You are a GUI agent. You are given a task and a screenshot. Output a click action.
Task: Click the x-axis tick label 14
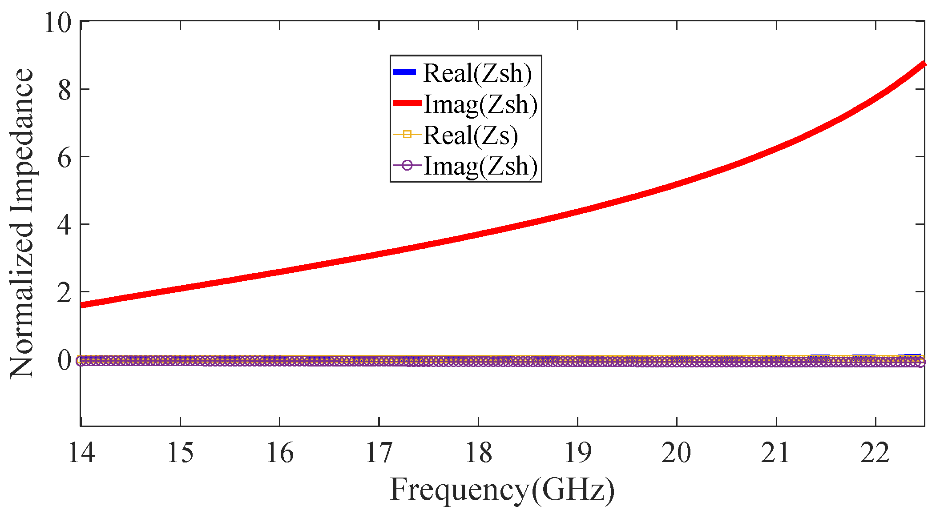tap(81, 453)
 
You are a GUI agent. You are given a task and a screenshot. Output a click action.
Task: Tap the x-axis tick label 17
tap(379, 453)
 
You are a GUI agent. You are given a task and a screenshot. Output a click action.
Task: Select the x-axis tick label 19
tap(577, 453)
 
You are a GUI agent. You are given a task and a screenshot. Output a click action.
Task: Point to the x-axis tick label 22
tap(875, 453)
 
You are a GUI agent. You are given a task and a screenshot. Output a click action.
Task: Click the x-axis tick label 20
tap(676, 453)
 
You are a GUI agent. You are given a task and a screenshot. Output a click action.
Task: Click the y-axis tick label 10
tap(57, 22)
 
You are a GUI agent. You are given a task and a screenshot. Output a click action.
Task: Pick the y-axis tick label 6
tap(65, 158)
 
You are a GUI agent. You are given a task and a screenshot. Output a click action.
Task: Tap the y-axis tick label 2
tap(65, 293)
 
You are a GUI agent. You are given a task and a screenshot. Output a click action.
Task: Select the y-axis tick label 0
tap(65, 360)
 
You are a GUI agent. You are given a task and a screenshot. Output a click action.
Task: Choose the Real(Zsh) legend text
tap(477, 73)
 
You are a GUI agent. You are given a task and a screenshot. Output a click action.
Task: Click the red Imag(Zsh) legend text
tap(480, 104)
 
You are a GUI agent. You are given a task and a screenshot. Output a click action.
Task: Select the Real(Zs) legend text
tap(471, 135)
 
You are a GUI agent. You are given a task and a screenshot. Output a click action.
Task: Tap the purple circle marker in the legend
tap(407, 166)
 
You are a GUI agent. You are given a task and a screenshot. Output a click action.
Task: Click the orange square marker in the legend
tap(407, 134)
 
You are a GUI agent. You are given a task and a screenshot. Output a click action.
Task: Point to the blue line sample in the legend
tap(404, 72)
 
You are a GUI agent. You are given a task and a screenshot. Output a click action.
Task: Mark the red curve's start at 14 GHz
tap(82, 305)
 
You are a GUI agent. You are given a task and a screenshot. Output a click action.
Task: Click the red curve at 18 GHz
tap(478, 234)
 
